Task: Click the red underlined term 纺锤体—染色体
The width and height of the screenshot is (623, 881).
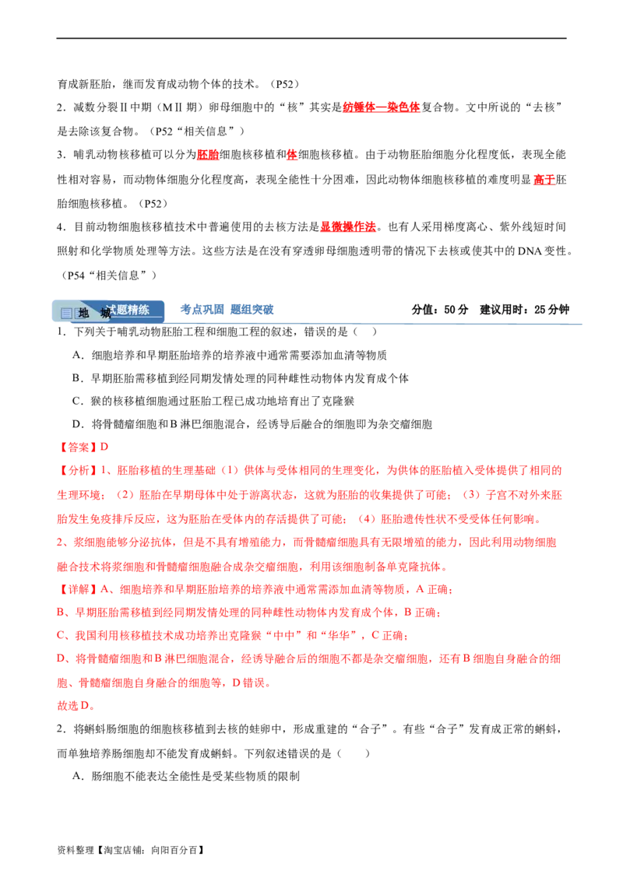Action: [x=382, y=107]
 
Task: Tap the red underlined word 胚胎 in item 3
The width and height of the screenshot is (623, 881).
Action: [x=207, y=155]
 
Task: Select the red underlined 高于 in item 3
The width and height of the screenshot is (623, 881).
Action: [x=544, y=179]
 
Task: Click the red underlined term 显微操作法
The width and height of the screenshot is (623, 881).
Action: [x=348, y=226]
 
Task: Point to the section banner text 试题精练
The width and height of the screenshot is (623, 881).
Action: [x=128, y=310]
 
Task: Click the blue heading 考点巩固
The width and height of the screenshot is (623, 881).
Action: [x=202, y=309]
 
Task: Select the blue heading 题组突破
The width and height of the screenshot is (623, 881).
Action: [x=252, y=309]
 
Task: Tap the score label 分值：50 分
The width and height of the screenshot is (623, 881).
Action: [x=440, y=310]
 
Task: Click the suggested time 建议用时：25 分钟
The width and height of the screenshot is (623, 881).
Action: [x=524, y=310]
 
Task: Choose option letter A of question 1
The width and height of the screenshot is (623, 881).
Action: [x=77, y=355]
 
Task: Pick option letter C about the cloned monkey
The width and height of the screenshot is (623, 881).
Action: [x=77, y=401]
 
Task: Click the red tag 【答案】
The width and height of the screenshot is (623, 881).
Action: [x=78, y=448]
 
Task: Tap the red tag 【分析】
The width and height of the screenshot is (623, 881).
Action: [x=78, y=470]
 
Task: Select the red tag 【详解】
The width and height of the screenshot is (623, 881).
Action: [x=78, y=589]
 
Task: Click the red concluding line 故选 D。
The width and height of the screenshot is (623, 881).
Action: [x=76, y=705]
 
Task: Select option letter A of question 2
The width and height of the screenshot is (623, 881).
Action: [x=77, y=776]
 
